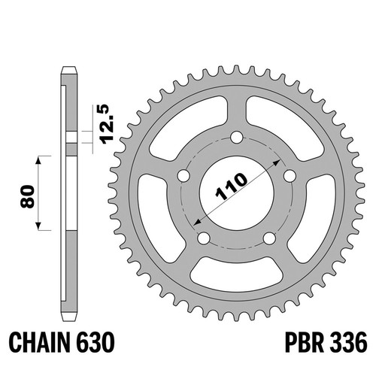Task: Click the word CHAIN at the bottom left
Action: point(39,342)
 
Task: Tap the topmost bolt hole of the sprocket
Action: point(237,138)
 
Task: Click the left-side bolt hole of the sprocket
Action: point(183,176)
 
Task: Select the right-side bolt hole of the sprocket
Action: point(290,176)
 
